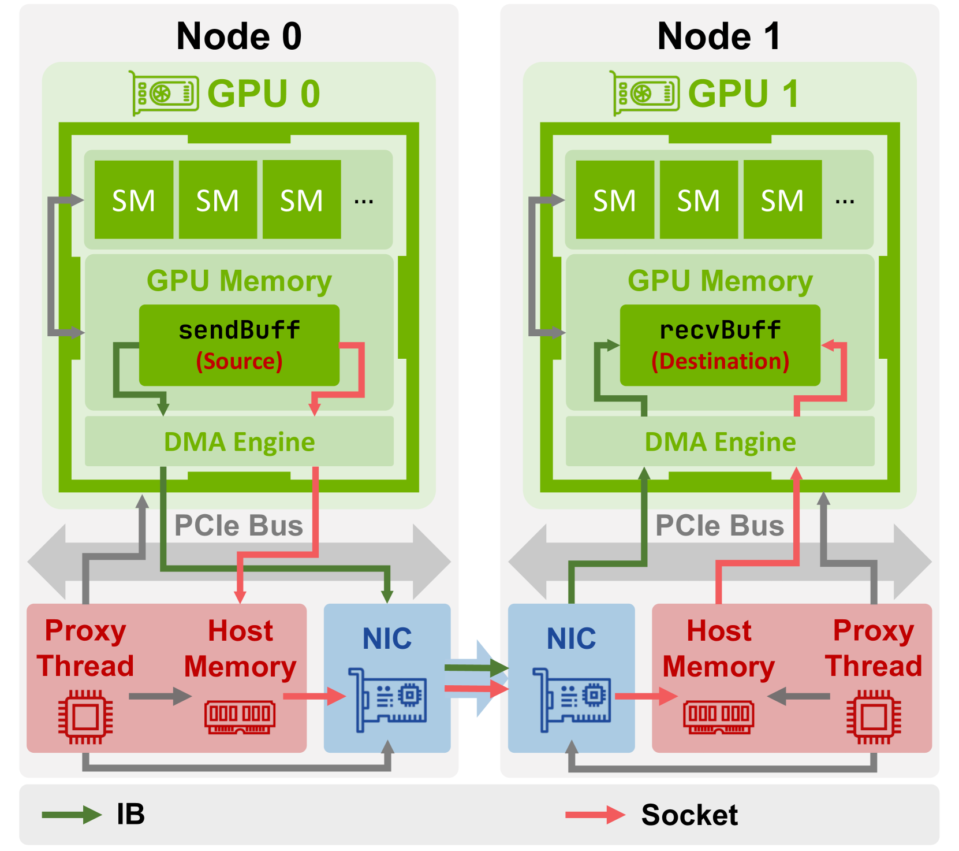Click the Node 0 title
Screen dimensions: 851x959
(x=238, y=36)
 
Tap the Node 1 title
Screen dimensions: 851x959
(x=719, y=36)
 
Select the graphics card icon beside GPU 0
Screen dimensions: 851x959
(x=165, y=93)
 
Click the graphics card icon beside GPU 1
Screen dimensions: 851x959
(x=645, y=93)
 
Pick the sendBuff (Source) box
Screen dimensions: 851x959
(x=239, y=345)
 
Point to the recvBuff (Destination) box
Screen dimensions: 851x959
(x=720, y=345)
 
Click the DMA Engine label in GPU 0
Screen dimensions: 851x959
(x=239, y=442)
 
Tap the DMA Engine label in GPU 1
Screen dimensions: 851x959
(x=720, y=442)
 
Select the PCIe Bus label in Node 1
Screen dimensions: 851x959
(x=719, y=526)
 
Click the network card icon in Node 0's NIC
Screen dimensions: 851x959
(x=387, y=700)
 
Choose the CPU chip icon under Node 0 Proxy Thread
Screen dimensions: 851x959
(x=85, y=716)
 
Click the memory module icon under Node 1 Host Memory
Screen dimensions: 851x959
(x=718, y=716)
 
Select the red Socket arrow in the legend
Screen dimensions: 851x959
(x=595, y=815)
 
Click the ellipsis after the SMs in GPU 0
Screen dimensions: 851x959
(x=364, y=201)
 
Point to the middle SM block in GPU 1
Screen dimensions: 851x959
(x=699, y=200)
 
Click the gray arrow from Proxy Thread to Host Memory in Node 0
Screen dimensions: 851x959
(x=159, y=696)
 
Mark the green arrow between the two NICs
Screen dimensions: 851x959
(x=476, y=668)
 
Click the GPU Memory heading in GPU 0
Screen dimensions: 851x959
(x=239, y=281)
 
